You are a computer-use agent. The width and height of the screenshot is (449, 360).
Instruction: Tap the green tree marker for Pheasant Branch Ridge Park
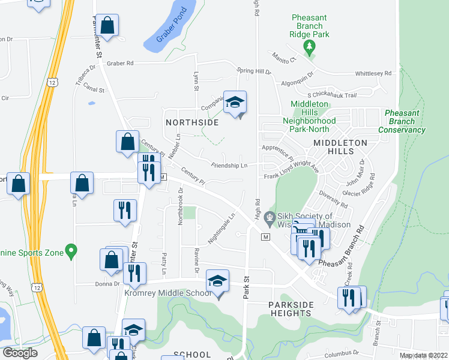pyautogui.click(x=310, y=47)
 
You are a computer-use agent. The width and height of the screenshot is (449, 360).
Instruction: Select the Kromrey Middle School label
pyautogui.click(x=168, y=293)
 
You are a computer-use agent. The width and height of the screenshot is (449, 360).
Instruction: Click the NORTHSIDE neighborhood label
pyautogui.click(x=191, y=122)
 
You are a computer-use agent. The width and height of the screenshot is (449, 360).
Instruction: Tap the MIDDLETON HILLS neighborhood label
pyautogui.click(x=340, y=148)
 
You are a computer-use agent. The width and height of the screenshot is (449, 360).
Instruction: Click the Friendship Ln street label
pyautogui.click(x=229, y=165)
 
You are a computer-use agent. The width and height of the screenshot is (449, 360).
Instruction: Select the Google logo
pyautogui.click(x=20, y=353)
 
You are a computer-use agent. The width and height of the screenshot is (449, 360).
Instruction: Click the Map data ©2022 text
pyautogui.click(x=423, y=355)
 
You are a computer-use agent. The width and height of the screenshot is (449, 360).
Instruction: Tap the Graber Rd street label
pyautogui.click(x=120, y=62)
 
